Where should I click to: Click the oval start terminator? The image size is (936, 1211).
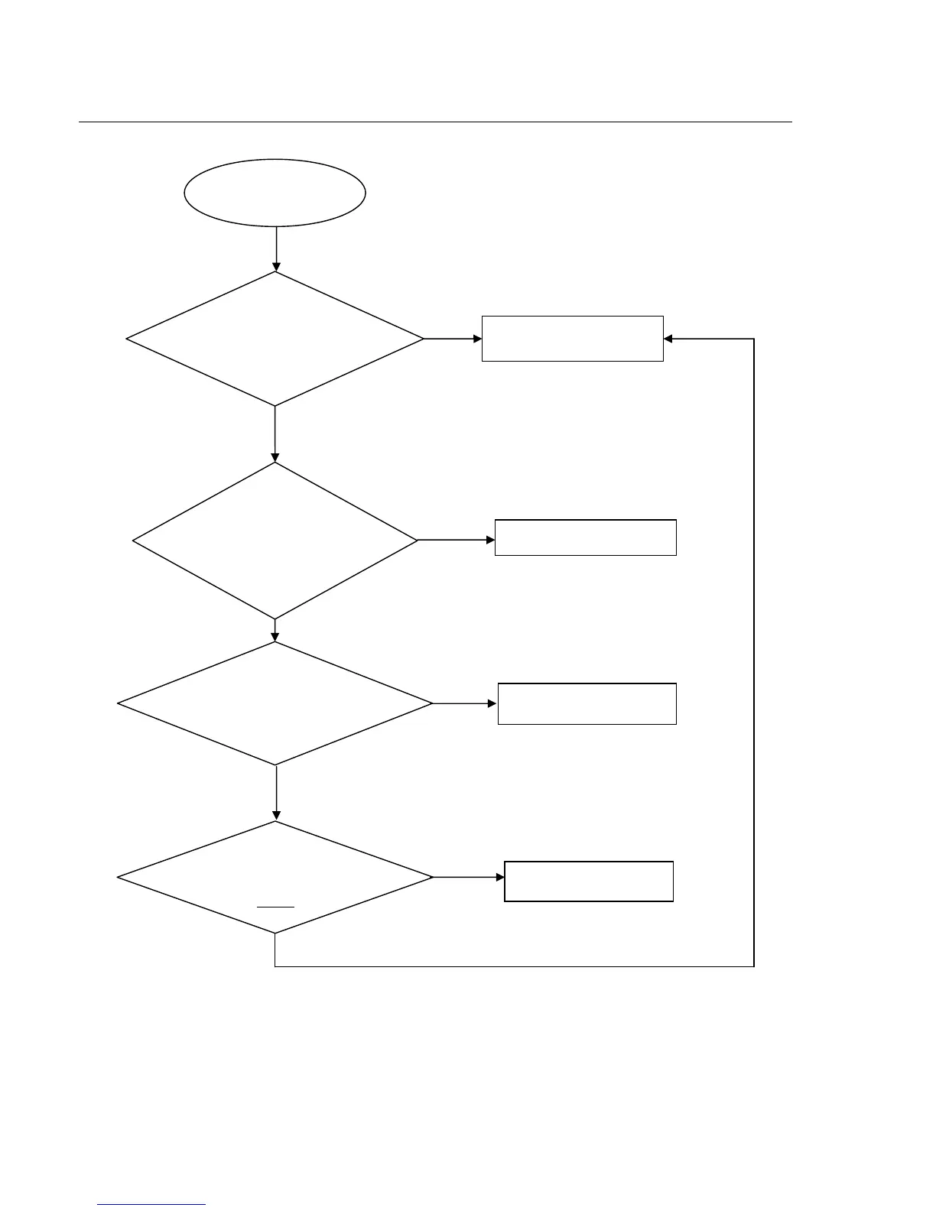pos(275,193)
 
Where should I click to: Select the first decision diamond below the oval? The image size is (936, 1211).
pos(275,339)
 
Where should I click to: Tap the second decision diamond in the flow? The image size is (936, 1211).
pos(275,541)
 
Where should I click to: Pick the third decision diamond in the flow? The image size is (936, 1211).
pos(275,703)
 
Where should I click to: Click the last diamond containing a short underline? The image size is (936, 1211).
pos(275,878)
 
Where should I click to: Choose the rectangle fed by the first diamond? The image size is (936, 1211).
pos(572,338)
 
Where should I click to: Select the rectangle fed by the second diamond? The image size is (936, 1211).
pos(585,537)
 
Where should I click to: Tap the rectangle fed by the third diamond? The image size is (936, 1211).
pos(587,703)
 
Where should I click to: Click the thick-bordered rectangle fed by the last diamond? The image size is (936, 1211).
pos(589,881)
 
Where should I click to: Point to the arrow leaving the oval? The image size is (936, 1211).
pos(275,248)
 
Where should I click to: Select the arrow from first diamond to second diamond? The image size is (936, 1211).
pos(275,433)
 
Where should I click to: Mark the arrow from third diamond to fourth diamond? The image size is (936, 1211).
pos(275,793)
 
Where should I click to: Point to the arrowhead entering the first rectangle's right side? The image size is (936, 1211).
pos(668,339)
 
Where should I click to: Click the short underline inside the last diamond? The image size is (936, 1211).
pos(275,907)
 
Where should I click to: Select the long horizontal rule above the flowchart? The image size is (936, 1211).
pos(435,121)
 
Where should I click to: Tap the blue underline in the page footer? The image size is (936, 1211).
pos(151,1205)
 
